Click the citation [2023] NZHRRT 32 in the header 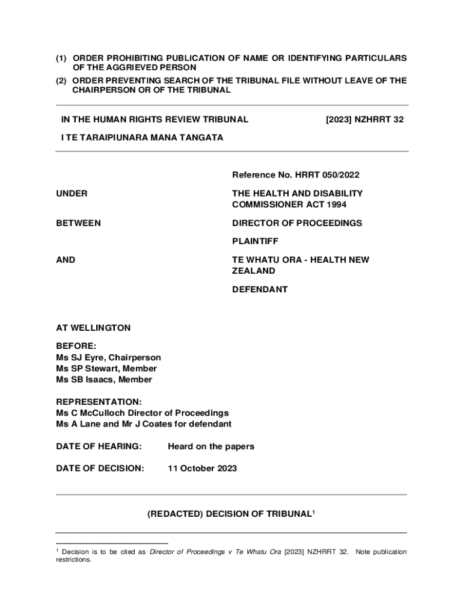(x=364, y=120)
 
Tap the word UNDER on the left (x=72, y=194)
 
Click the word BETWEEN (x=79, y=223)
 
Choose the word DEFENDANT (x=260, y=289)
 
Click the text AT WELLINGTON (x=93, y=328)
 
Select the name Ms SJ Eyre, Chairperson (x=108, y=357)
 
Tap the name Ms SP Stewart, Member (x=106, y=368)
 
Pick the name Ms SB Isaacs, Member (x=104, y=380)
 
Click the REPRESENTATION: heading (x=99, y=401)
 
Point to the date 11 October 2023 (x=202, y=468)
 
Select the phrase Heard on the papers (x=211, y=446)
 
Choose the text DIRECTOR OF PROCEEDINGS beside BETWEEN (x=297, y=223)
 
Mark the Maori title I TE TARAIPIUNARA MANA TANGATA (x=142, y=138)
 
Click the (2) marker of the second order (x=61, y=81)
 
